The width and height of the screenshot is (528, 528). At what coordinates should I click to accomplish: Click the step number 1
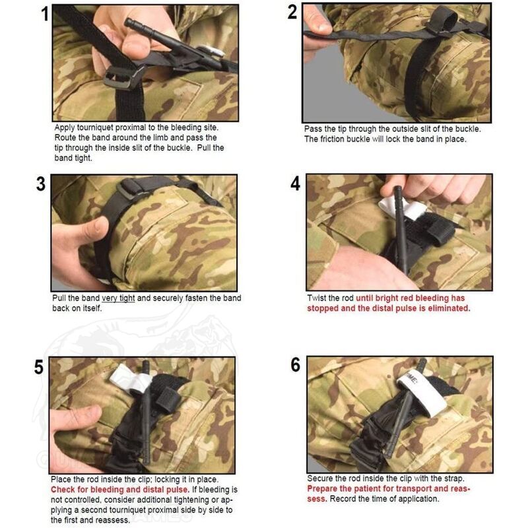click(x=45, y=15)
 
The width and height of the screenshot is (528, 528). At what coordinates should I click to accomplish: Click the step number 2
click(x=292, y=12)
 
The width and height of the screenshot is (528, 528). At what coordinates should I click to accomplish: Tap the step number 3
click(x=41, y=184)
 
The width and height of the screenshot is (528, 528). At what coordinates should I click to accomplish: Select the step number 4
click(x=295, y=184)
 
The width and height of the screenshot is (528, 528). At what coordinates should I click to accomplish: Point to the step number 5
click(x=39, y=367)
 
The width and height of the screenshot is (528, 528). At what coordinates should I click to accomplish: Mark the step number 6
click(x=295, y=365)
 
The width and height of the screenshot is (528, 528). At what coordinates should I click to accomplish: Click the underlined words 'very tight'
click(x=118, y=298)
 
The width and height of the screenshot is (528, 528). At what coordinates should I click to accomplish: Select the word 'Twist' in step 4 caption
click(x=316, y=298)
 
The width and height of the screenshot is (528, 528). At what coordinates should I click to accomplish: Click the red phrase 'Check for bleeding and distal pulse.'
click(x=120, y=490)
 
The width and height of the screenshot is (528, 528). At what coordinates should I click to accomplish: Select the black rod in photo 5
click(x=146, y=413)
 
